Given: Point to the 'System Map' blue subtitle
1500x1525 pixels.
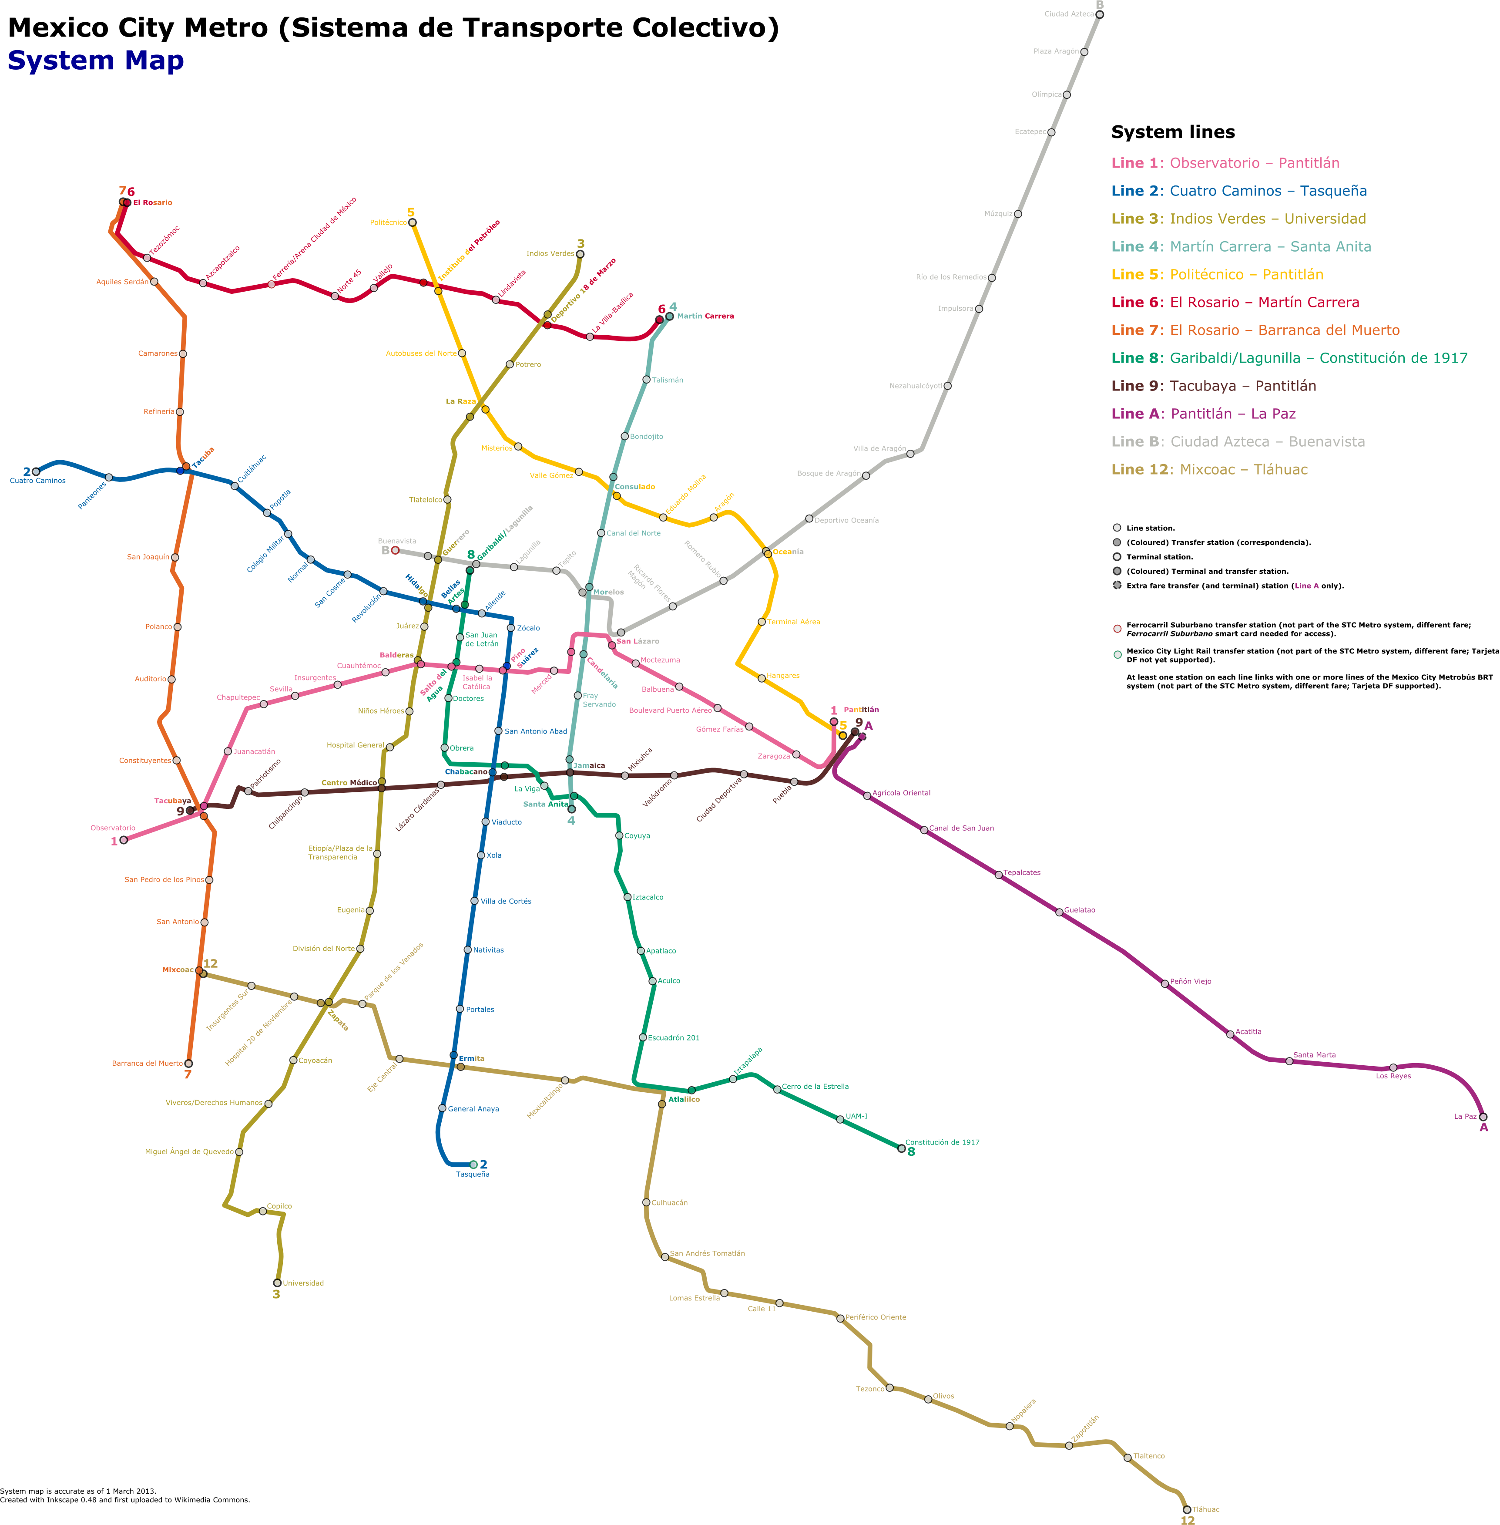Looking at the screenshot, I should point(95,61).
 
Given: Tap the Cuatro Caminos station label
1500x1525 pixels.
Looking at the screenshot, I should point(38,481).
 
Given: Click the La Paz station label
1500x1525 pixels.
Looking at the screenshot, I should point(1465,1116).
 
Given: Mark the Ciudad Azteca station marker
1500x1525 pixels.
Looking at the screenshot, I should point(1100,14).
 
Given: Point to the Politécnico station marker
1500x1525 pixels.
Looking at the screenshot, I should point(412,222).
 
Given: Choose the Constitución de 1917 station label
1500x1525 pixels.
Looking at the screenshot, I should point(942,1142).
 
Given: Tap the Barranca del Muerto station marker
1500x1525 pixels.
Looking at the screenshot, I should point(188,1063).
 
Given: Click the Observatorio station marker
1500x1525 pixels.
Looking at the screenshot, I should point(124,840).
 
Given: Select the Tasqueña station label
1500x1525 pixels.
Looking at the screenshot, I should point(473,1174).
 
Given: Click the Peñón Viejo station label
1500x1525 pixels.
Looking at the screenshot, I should point(1191,981).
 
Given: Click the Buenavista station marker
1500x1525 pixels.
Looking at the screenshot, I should point(396,550).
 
